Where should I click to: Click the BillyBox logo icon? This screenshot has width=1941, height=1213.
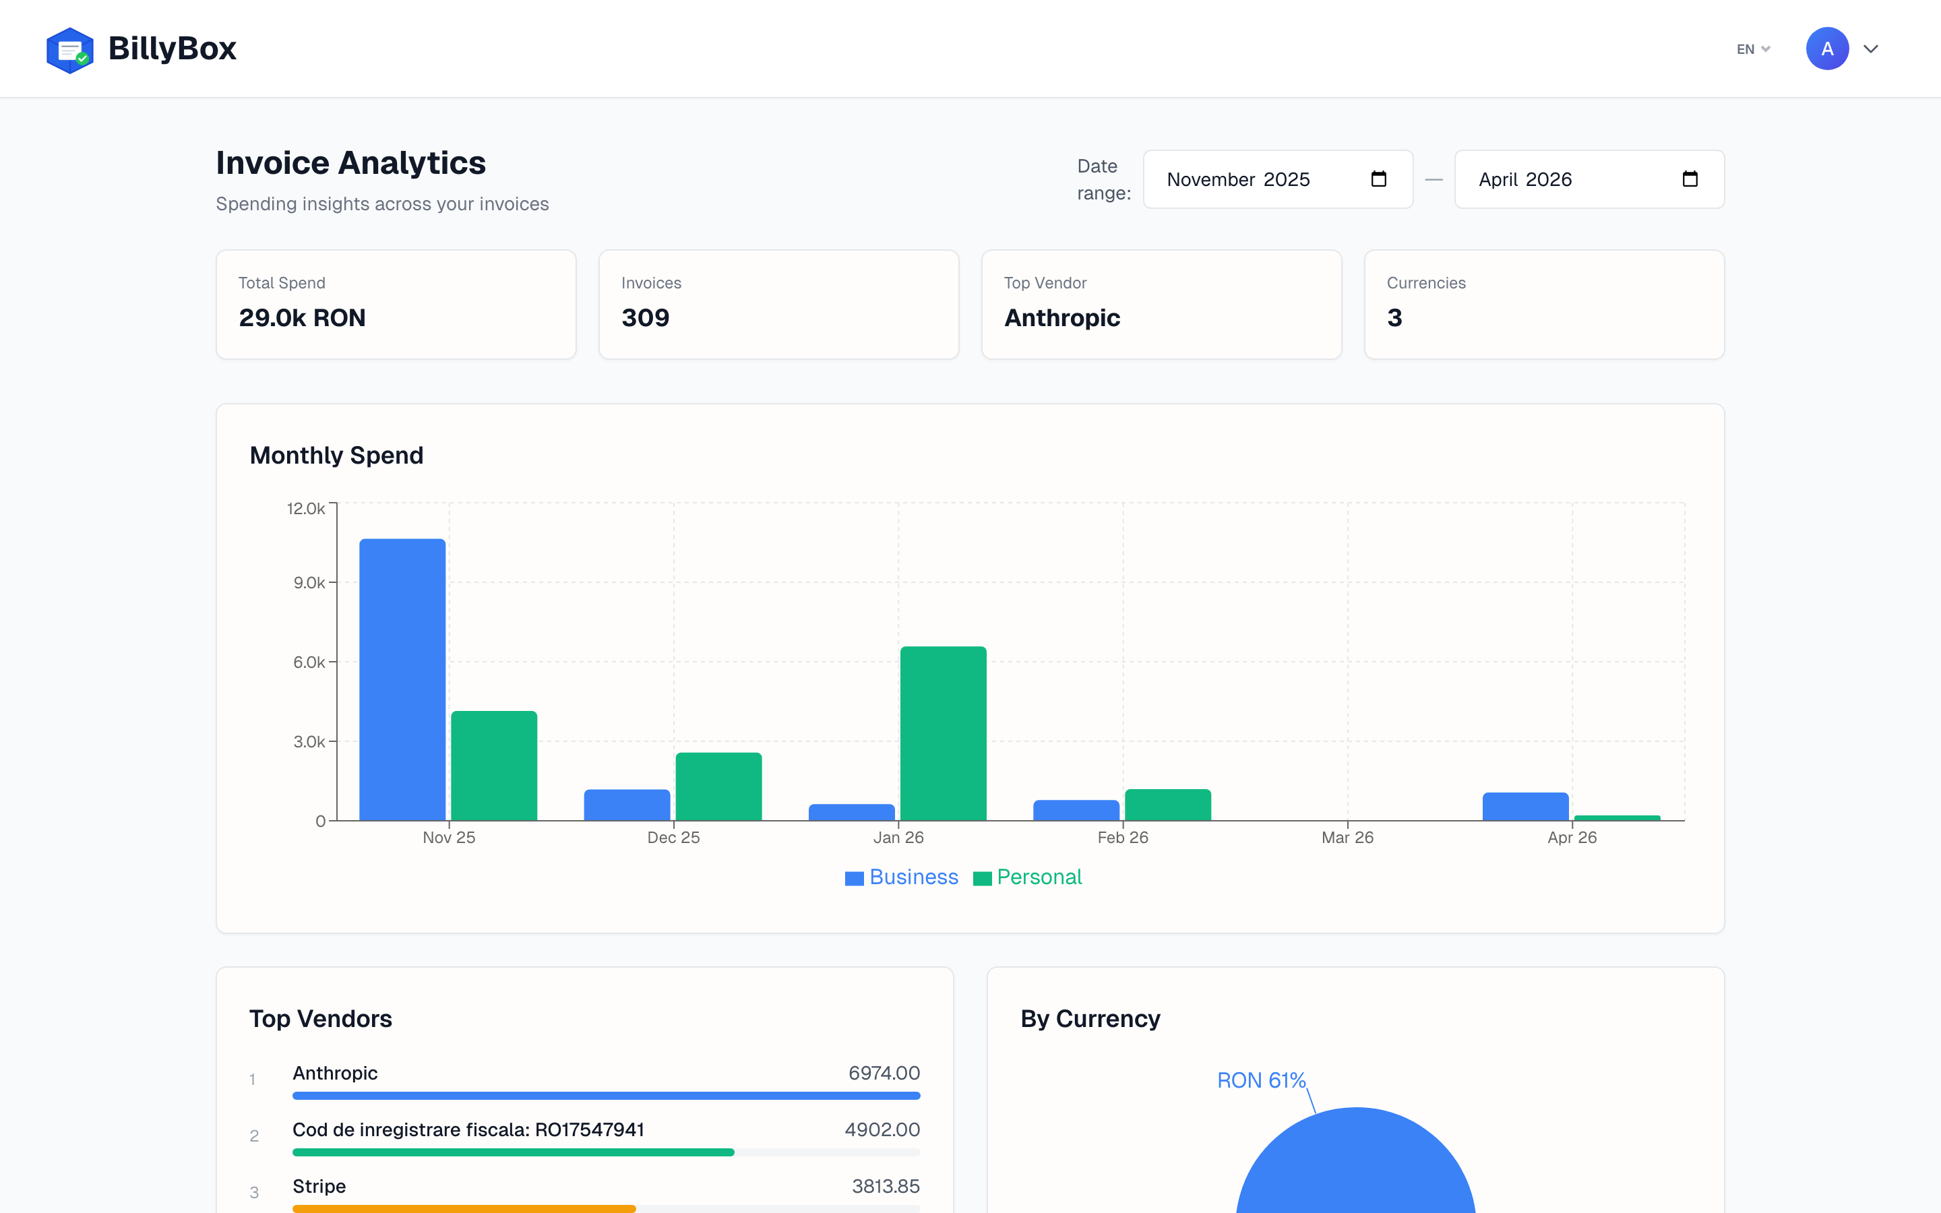click(70, 50)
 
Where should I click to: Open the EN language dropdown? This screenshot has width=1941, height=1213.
click(1752, 50)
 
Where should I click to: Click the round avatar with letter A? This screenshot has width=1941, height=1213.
click(1826, 49)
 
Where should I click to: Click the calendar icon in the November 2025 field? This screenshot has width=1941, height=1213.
click(1378, 179)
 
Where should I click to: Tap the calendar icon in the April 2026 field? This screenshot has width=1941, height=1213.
click(1689, 179)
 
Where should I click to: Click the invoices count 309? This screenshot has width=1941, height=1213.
click(645, 317)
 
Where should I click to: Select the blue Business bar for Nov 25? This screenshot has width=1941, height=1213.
click(402, 679)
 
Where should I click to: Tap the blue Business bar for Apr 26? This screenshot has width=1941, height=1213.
click(1524, 805)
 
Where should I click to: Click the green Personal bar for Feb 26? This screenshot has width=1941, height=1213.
click(1167, 804)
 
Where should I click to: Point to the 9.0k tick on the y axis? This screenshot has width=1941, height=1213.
click(309, 582)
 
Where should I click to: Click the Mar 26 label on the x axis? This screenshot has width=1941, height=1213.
click(1347, 838)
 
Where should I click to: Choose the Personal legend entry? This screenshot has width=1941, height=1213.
click(1027, 877)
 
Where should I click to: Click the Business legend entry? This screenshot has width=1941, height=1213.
click(902, 877)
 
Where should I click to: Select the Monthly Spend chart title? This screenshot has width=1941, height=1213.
click(336, 455)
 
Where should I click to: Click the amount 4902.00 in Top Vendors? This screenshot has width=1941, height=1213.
click(882, 1129)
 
